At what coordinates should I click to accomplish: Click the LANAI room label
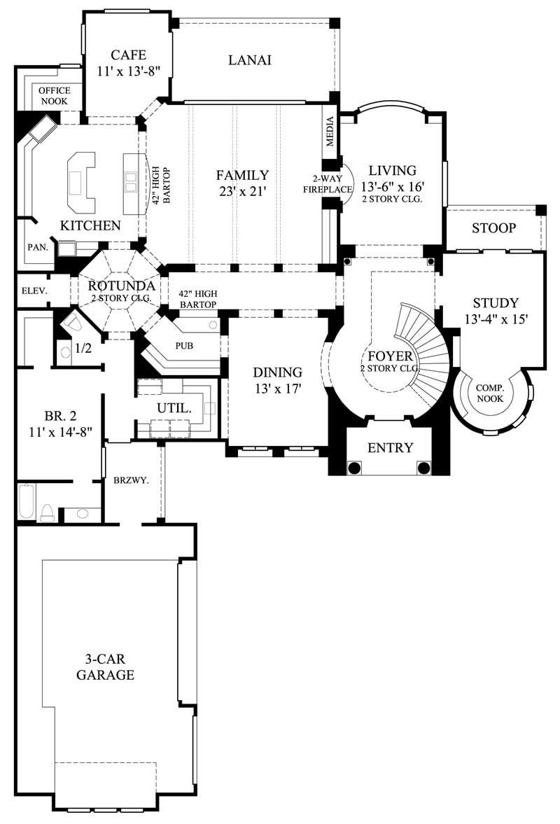(x=249, y=60)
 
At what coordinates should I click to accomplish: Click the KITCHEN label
(x=90, y=225)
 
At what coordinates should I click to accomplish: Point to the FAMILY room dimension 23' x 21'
(x=241, y=192)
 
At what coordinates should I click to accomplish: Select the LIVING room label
(x=393, y=170)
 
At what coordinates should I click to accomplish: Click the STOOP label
(x=493, y=228)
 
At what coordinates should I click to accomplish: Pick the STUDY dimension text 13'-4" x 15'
(x=496, y=319)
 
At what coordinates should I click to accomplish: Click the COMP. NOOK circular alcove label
(x=491, y=393)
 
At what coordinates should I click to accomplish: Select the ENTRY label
(x=390, y=448)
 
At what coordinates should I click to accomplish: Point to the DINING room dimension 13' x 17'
(x=277, y=389)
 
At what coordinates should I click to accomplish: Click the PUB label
(x=185, y=346)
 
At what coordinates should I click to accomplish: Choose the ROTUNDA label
(x=116, y=286)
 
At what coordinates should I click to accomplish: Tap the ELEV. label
(x=33, y=291)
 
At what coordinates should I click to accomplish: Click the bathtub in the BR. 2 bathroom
(x=27, y=501)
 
